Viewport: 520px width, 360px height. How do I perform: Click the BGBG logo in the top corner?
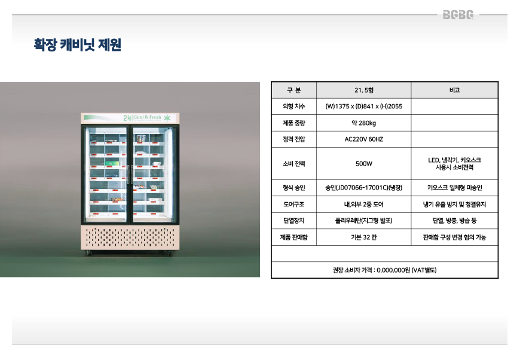[459, 15]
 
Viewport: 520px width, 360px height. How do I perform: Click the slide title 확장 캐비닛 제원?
[78, 45]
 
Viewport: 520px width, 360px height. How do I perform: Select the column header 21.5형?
[364, 90]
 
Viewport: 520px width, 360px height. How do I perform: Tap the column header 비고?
[454, 90]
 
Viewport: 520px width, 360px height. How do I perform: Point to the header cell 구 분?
[293, 90]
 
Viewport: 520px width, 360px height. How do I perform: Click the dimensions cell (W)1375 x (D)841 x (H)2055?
[364, 106]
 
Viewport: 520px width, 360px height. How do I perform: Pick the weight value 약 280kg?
[364, 123]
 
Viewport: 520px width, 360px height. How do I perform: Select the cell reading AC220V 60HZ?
[364, 139]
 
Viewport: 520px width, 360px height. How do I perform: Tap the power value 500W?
[364, 164]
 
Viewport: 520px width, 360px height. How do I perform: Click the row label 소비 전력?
[293, 164]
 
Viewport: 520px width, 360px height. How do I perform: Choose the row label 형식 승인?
[293, 188]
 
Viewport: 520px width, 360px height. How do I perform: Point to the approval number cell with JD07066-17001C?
[364, 188]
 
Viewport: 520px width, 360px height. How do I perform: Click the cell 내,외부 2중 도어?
[364, 205]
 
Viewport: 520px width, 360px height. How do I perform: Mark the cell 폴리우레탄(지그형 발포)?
[364, 221]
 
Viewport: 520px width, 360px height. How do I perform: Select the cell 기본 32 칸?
[364, 237]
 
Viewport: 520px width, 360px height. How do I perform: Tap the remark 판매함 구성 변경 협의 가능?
[454, 237]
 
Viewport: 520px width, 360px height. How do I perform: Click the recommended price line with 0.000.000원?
[384, 270]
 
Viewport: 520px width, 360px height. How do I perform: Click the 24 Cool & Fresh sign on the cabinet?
[146, 117]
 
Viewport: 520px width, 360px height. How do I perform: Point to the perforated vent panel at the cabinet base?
[130, 237]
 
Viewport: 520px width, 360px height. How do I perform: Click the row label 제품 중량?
[293, 123]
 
